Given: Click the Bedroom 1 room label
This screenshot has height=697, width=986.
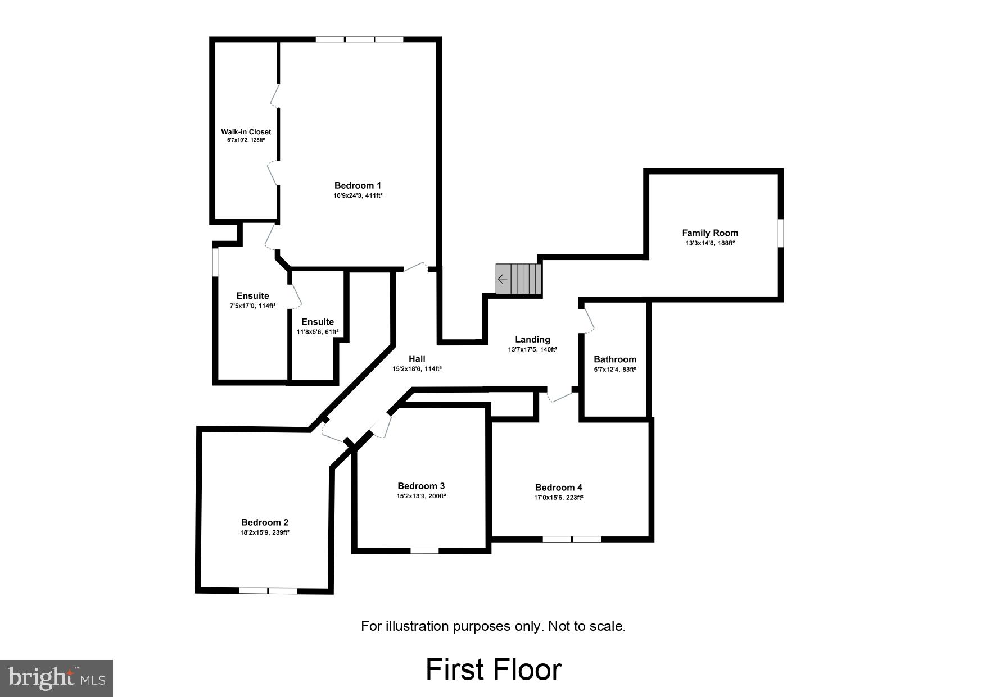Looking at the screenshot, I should click(x=358, y=185).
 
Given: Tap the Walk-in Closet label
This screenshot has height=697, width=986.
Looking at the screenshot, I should click(x=246, y=132).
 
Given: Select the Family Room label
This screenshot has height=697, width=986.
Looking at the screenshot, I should click(x=710, y=233).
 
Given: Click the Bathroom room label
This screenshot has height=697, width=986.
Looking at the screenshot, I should click(x=615, y=359).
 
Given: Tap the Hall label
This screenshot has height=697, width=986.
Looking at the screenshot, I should click(x=417, y=359).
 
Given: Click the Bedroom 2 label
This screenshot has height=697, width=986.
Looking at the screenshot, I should click(x=265, y=522).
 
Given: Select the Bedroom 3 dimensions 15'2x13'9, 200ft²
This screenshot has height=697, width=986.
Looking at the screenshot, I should click(x=421, y=496).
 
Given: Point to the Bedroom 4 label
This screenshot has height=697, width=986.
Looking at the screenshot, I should click(x=559, y=488).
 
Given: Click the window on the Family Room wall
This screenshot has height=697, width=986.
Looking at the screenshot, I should click(x=780, y=233).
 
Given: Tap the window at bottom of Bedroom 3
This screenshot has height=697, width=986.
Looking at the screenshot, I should click(x=424, y=550).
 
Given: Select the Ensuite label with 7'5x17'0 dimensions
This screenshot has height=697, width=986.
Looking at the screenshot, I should click(x=252, y=296).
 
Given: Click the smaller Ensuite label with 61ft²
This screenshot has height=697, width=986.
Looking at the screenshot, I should click(x=318, y=322).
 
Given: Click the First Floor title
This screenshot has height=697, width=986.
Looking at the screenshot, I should click(x=493, y=669).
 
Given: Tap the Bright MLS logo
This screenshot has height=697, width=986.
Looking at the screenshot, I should click(x=56, y=678).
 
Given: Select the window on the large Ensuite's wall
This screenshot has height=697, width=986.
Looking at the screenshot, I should click(x=215, y=262).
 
